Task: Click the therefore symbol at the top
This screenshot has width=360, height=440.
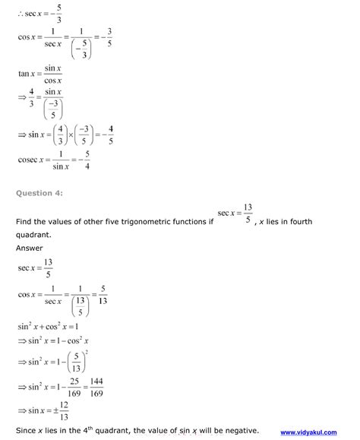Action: coord(20,11)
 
